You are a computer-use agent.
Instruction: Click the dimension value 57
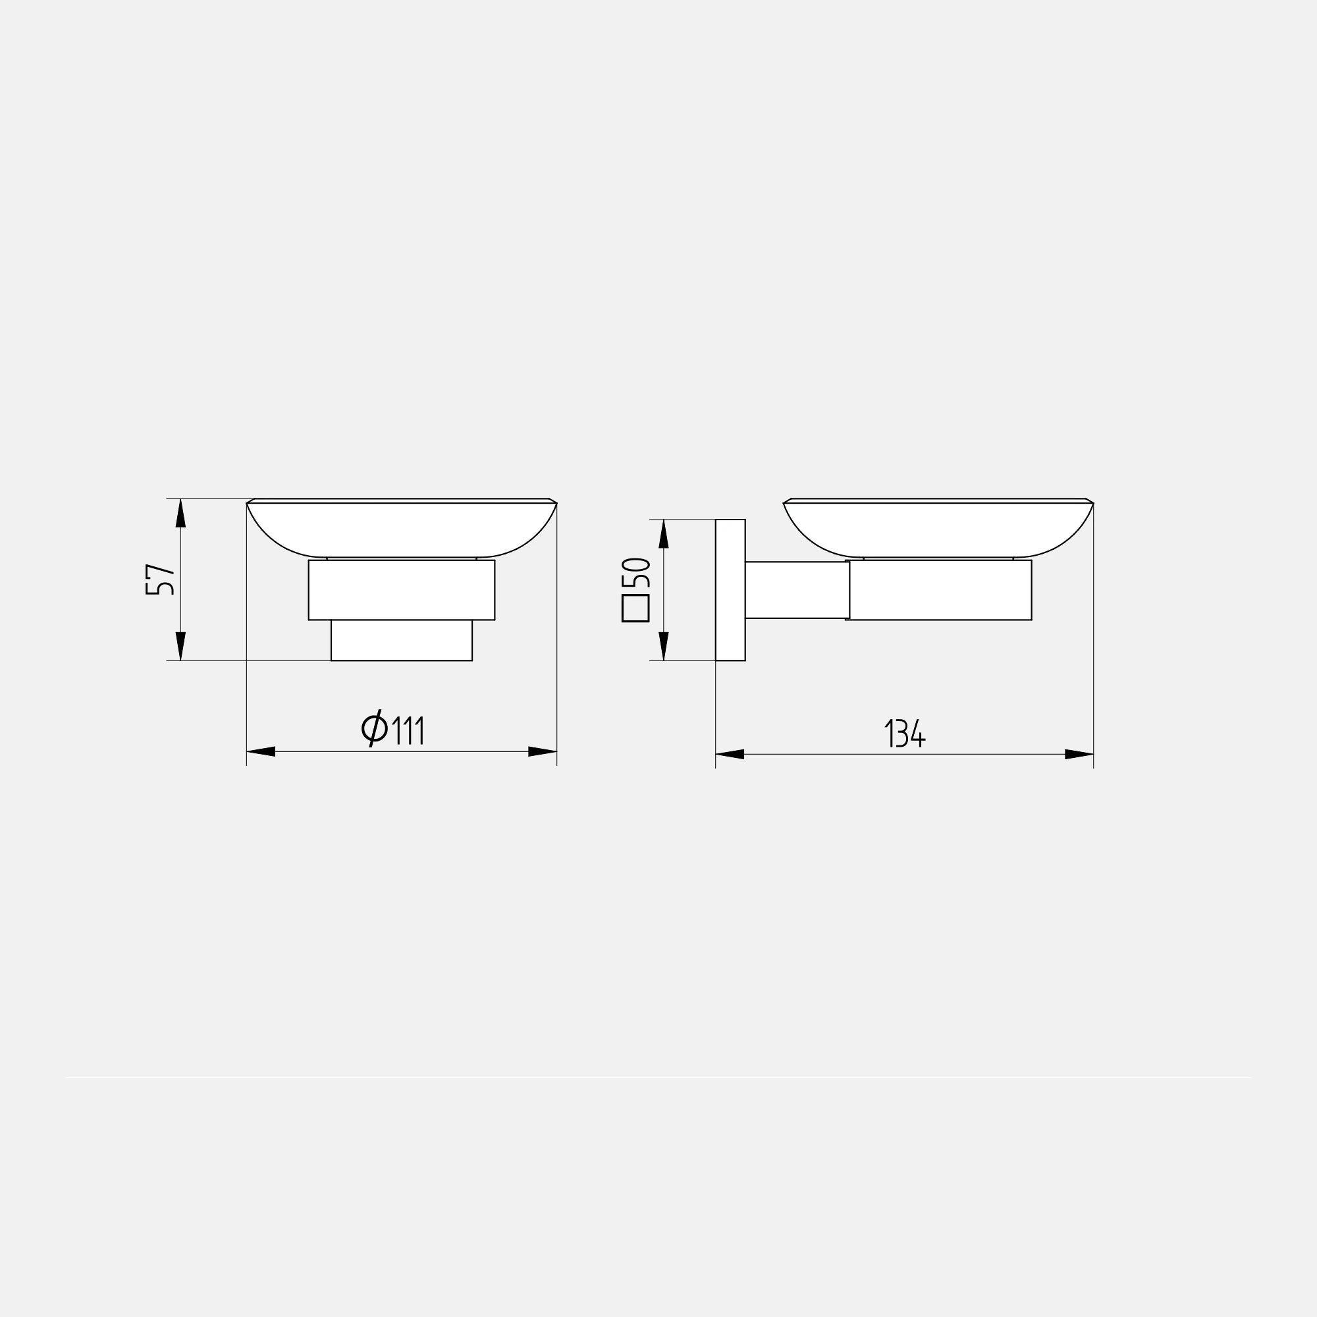tap(160, 580)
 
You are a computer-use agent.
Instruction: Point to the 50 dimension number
tap(637, 573)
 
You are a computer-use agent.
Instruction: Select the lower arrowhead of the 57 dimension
tap(180, 646)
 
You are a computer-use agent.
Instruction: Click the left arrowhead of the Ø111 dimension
tap(260, 752)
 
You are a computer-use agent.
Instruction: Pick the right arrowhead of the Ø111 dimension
tap(543, 752)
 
